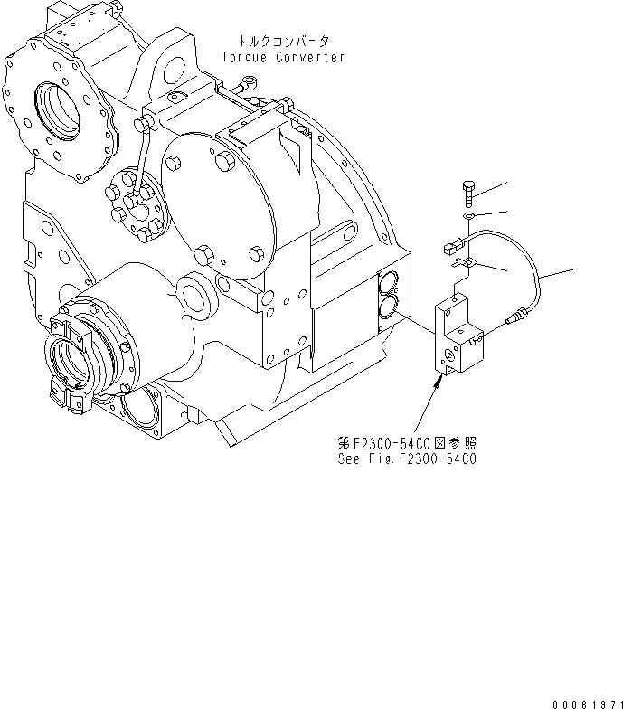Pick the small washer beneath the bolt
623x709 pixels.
click(466, 217)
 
